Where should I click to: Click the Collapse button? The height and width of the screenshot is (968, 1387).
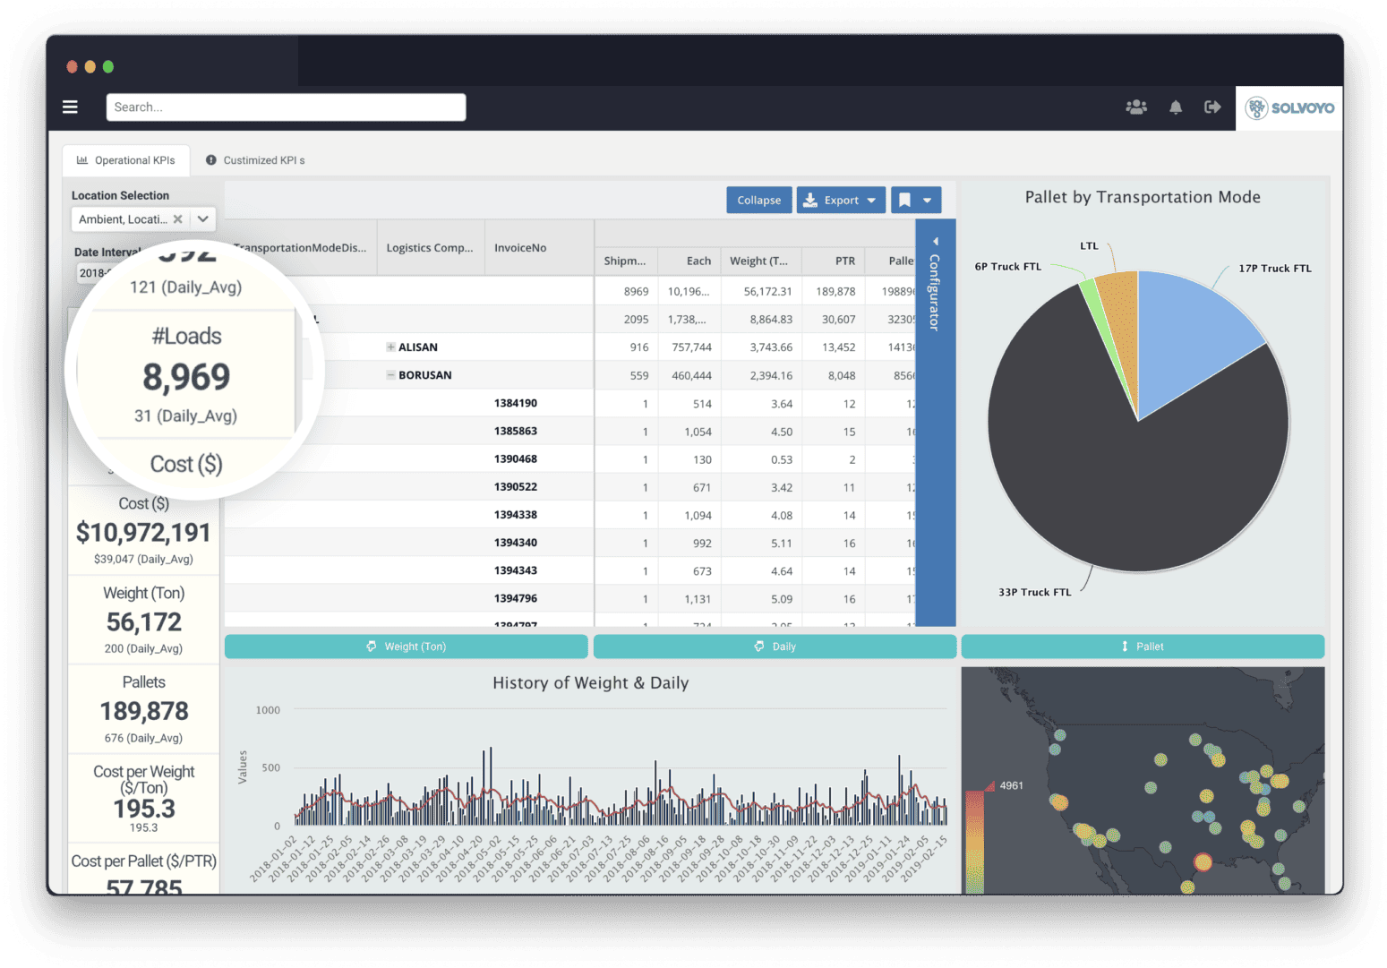(x=758, y=201)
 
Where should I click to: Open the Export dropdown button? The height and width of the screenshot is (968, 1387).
(x=841, y=201)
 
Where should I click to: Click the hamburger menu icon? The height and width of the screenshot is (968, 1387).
(x=70, y=107)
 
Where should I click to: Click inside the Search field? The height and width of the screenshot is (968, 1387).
(x=286, y=107)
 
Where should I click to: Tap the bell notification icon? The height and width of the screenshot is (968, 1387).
(x=1176, y=107)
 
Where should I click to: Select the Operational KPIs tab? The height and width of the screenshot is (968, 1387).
(x=126, y=160)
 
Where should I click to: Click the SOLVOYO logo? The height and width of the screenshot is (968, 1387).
(x=1289, y=108)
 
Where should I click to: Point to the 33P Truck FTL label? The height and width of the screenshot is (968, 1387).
(x=1034, y=592)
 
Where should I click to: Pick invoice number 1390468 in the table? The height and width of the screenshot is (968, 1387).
(x=515, y=459)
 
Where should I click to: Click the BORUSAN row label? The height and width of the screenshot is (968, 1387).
(x=424, y=375)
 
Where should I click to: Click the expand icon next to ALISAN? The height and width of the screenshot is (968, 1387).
(x=390, y=347)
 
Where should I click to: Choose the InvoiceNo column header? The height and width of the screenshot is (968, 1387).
(x=520, y=248)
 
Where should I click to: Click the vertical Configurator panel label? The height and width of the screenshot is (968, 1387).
(x=935, y=291)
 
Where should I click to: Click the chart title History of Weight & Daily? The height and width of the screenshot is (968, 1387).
(x=590, y=683)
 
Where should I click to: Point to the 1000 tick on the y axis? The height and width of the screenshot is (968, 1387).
(x=268, y=710)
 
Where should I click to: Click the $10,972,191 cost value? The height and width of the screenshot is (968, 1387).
(x=143, y=533)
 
